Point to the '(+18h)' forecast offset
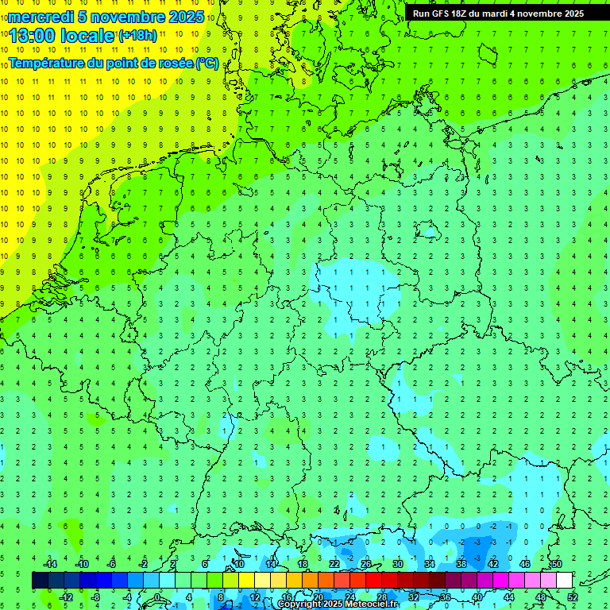point(137,37)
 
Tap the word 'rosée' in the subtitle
point(173,64)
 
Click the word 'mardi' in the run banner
point(509,14)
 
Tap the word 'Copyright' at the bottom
point(300,604)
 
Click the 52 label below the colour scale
point(572,597)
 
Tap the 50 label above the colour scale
point(557,564)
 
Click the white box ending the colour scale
point(564,581)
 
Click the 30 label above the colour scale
point(398,564)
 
